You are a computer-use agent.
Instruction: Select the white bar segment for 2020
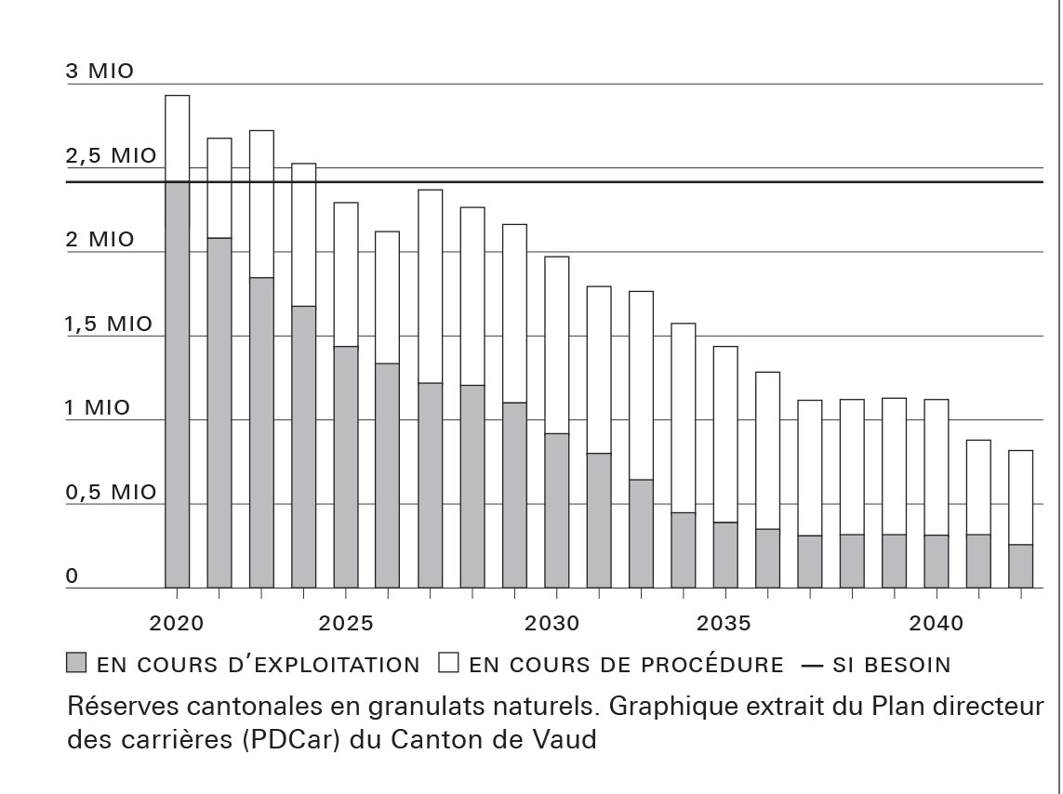(x=177, y=139)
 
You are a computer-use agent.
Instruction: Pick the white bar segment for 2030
(x=556, y=345)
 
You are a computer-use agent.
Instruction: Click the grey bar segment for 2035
(x=724, y=555)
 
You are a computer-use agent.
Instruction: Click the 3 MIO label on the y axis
(x=100, y=72)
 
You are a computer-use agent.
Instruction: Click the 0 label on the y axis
(x=73, y=576)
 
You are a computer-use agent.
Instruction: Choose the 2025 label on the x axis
(x=345, y=623)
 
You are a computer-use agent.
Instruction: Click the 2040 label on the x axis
(x=936, y=623)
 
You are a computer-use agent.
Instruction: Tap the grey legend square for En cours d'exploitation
(x=76, y=664)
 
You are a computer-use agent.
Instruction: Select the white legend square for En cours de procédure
(x=449, y=664)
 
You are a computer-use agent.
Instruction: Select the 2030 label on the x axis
(x=556, y=623)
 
